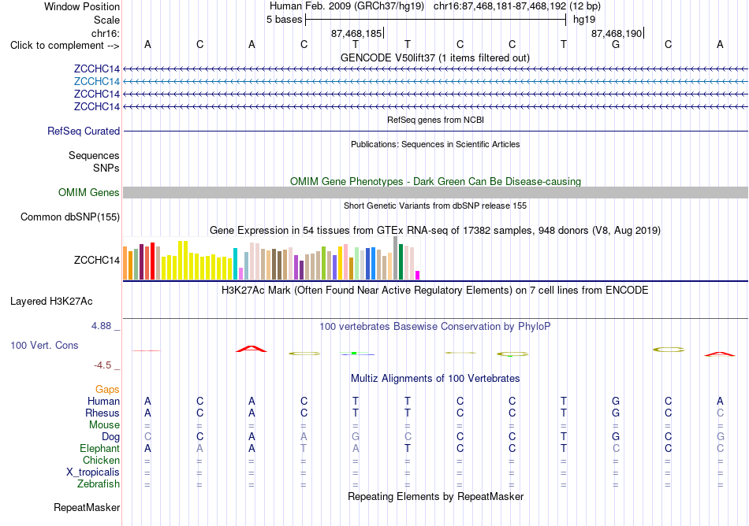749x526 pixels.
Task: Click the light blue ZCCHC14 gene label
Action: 96,82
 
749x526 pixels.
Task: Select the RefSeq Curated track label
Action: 84,131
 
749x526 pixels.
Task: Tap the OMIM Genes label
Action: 89,193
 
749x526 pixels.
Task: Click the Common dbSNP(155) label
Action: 70,217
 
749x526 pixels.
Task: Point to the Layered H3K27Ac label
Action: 51,302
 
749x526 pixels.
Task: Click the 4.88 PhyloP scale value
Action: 101,326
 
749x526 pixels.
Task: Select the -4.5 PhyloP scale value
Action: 102,365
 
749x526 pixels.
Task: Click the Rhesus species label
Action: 102,413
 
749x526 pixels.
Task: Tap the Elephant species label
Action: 99,449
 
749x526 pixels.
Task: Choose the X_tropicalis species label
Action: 93,472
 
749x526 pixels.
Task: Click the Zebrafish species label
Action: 99,484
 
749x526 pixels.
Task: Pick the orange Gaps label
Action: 107,390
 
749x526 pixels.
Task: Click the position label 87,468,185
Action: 356,33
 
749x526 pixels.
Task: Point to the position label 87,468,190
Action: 617,33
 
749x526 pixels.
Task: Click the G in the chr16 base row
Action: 616,45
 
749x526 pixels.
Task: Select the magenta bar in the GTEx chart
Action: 418,275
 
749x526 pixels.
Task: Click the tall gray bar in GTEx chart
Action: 396,258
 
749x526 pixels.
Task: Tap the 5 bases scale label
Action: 284,20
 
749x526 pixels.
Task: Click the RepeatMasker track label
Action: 87,507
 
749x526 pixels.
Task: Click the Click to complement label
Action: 65,46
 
